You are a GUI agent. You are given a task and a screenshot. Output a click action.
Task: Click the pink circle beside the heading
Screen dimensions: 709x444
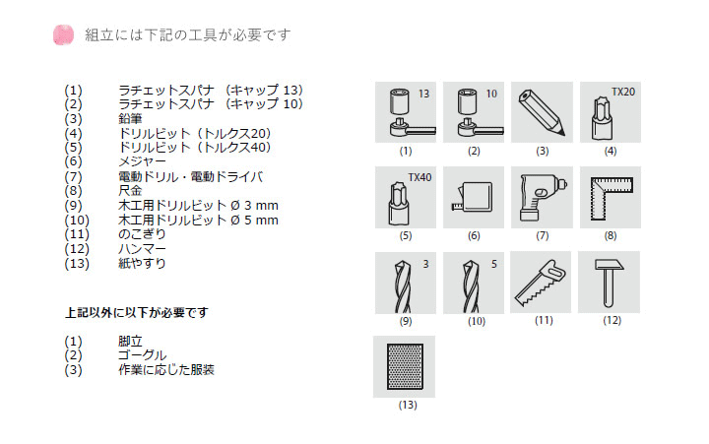click(x=63, y=34)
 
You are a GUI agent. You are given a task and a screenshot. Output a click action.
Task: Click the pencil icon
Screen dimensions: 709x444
click(x=543, y=112)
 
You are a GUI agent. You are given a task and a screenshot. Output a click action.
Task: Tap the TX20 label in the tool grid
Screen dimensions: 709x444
click(x=623, y=92)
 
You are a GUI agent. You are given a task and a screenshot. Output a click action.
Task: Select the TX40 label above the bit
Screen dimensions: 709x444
click(x=419, y=177)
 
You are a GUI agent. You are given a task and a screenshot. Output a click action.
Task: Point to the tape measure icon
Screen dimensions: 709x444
click(x=473, y=197)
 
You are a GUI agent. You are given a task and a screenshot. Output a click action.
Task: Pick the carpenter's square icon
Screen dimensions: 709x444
click(x=612, y=198)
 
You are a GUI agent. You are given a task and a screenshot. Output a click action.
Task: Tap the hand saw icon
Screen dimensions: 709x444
click(x=541, y=283)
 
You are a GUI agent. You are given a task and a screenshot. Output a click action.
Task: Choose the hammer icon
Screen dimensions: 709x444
click(x=609, y=283)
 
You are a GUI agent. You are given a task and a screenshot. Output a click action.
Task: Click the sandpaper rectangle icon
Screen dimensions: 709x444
click(x=405, y=366)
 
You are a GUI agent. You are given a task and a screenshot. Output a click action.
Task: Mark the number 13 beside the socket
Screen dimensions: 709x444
click(x=423, y=94)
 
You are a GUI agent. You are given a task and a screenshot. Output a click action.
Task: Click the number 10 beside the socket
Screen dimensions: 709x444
click(x=491, y=94)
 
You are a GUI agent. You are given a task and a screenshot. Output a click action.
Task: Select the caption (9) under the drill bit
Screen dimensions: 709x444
click(x=406, y=322)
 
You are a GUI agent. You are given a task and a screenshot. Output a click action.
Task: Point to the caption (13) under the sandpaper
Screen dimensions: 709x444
click(x=408, y=405)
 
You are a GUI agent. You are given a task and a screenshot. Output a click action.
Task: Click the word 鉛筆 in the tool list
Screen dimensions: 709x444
click(x=130, y=119)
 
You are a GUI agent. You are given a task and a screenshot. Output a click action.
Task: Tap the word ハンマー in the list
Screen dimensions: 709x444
click(x=142, y=249)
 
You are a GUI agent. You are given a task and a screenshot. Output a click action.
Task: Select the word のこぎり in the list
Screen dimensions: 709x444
click(x=142, y=234)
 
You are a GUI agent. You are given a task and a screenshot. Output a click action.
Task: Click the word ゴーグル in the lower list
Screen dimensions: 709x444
click(x=142, y=355)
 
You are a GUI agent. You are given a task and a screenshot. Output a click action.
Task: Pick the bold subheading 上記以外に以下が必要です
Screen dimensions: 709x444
click(x=137, y=312)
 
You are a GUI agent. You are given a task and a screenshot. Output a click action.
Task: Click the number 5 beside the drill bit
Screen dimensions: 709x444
click(x=494, y=264)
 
